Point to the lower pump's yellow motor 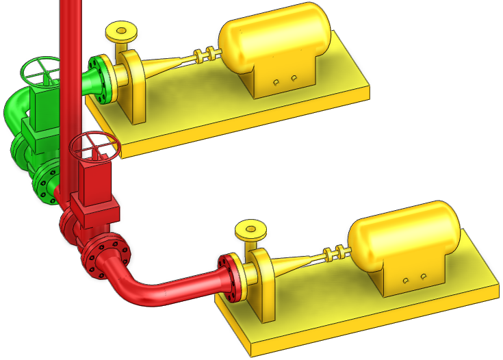[404, 236]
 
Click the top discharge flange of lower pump [250, 229]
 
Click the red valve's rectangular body [92, 185]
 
